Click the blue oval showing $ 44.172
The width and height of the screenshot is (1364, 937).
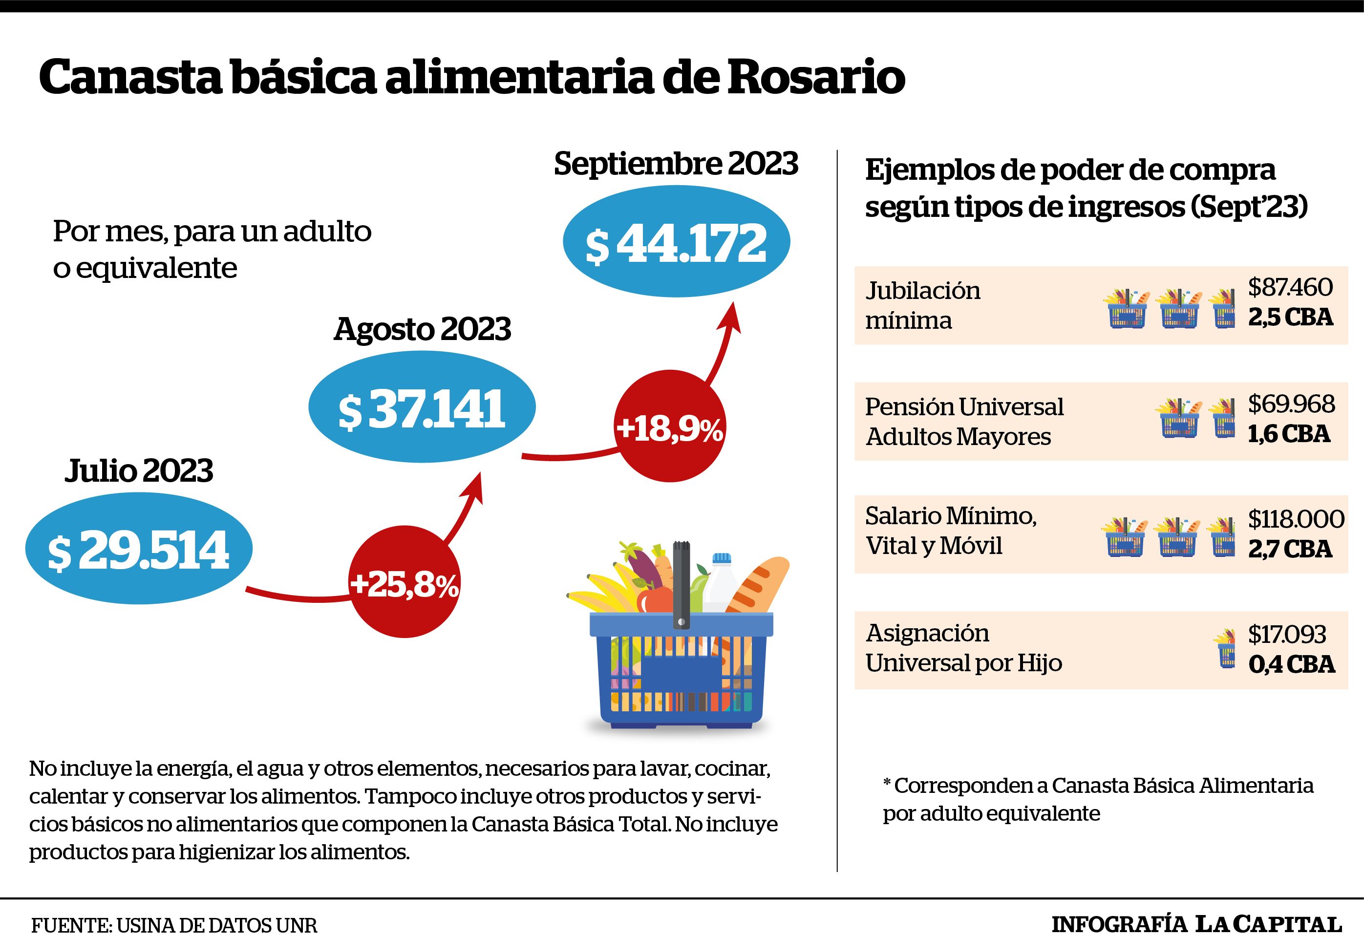click(x=677, y=242)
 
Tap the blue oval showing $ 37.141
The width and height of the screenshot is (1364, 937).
click(x=422, y=407)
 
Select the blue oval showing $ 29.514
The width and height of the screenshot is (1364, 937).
click(x=139, y=548)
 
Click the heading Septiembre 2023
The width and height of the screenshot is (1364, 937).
click(x=676, y=163)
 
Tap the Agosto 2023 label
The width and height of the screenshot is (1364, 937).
click(x=422, y=329)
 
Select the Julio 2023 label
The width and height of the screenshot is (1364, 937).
click(x=139, y=470)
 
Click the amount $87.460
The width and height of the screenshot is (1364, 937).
click(x=1290, y=287)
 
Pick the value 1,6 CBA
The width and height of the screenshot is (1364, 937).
click(x=1289, y=434)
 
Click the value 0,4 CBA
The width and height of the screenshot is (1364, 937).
click(x=1291, y=664)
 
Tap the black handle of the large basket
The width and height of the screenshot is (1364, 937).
click(x=681, y=585)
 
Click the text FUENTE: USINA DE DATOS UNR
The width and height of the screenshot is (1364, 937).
click(x=174, y=925)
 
